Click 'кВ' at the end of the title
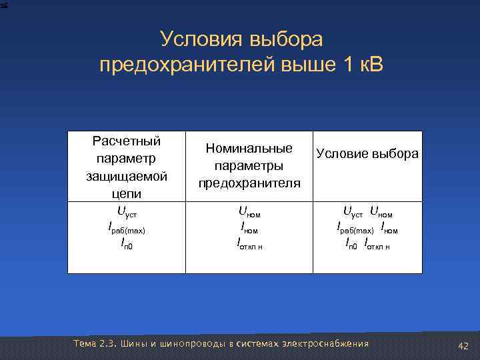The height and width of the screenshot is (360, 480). pyautogui.click(x=368, y=66)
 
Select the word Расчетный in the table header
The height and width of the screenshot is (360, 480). pyautogui.click(x=127, y=141)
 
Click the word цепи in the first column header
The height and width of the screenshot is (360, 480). pyautogui.click(x=127, y=194)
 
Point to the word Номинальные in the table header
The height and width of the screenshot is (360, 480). pyautogui.click(x=249, y=147)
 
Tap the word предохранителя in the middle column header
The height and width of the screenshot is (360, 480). pyautogui.click(x=249, y=183)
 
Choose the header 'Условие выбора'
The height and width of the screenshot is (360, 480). pyautogui.click(x=367, y=154)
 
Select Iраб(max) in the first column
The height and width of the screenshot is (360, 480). pyautogui.click(x=127, y=229)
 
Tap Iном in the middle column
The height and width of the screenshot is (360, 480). pyautogui.click(x=249, y=229)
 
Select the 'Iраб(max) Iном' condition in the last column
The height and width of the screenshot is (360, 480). pyautogui.click(x=367, y=229)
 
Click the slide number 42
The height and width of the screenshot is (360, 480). pyautogui.click(x=463, y=345)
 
